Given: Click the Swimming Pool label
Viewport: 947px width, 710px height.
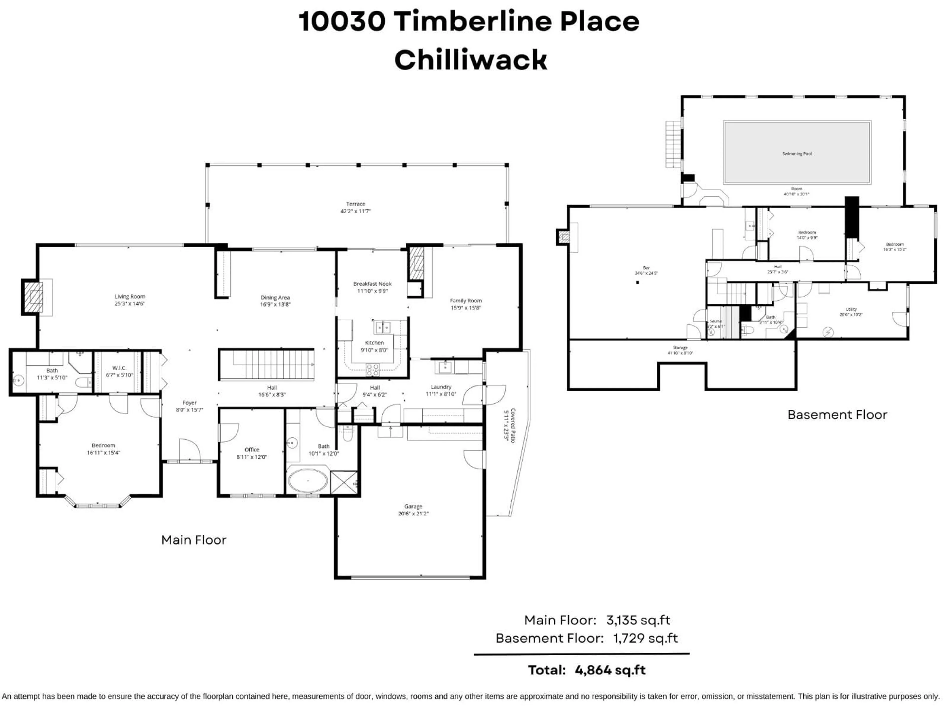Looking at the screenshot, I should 797,154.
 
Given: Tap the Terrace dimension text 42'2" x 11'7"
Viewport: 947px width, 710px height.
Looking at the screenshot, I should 355,211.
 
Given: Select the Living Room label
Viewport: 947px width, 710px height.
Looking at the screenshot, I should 130,296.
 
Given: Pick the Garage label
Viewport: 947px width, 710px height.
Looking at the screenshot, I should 413,506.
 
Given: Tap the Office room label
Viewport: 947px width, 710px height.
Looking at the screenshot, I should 252,449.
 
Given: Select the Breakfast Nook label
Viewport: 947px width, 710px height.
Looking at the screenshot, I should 372,284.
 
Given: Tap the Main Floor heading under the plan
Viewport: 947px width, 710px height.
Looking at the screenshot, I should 194,540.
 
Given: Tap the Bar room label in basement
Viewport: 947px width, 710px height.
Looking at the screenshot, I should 646,268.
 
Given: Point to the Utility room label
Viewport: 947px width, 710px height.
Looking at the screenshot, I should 851,309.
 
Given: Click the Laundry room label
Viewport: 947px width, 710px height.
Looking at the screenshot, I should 441,387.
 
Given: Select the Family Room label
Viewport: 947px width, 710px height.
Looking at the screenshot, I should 466,301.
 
